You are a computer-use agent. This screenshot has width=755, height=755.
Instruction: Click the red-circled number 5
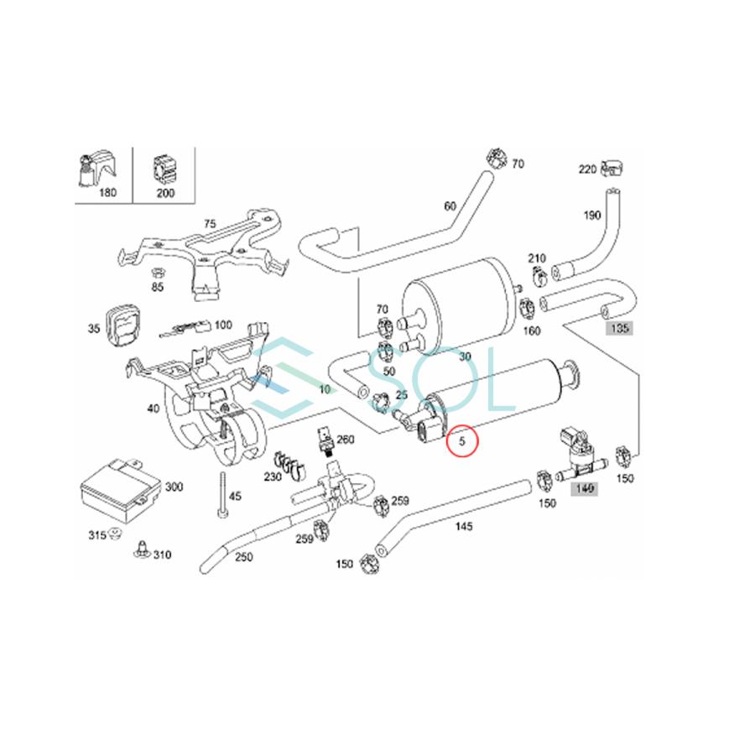tap(461, 440)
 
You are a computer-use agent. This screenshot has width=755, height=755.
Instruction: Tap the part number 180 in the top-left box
tap(107, 193)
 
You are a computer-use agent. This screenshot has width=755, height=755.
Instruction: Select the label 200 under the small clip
tap(164, 193)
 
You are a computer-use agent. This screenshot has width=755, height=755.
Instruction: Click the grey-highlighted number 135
tap(619, 328)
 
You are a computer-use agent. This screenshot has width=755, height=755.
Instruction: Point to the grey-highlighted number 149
tap(583, 488)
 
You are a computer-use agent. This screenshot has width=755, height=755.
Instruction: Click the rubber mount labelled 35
tap(125, 324)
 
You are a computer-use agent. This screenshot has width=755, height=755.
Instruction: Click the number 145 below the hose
tap(463, 527)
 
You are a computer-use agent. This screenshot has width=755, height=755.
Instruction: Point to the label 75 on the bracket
tap(210, 224)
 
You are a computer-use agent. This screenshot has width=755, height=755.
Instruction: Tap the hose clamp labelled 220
tap(615, 171)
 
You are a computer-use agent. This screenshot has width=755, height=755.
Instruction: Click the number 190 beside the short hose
tap(592, 216)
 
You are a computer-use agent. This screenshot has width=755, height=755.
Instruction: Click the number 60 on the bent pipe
tap(450, 206)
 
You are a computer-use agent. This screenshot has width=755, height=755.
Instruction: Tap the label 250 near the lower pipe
tap(243, 557)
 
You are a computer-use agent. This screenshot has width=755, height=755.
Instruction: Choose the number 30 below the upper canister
tap(465, 356)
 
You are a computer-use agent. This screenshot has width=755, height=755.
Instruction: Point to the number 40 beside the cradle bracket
tap(153, 409)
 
